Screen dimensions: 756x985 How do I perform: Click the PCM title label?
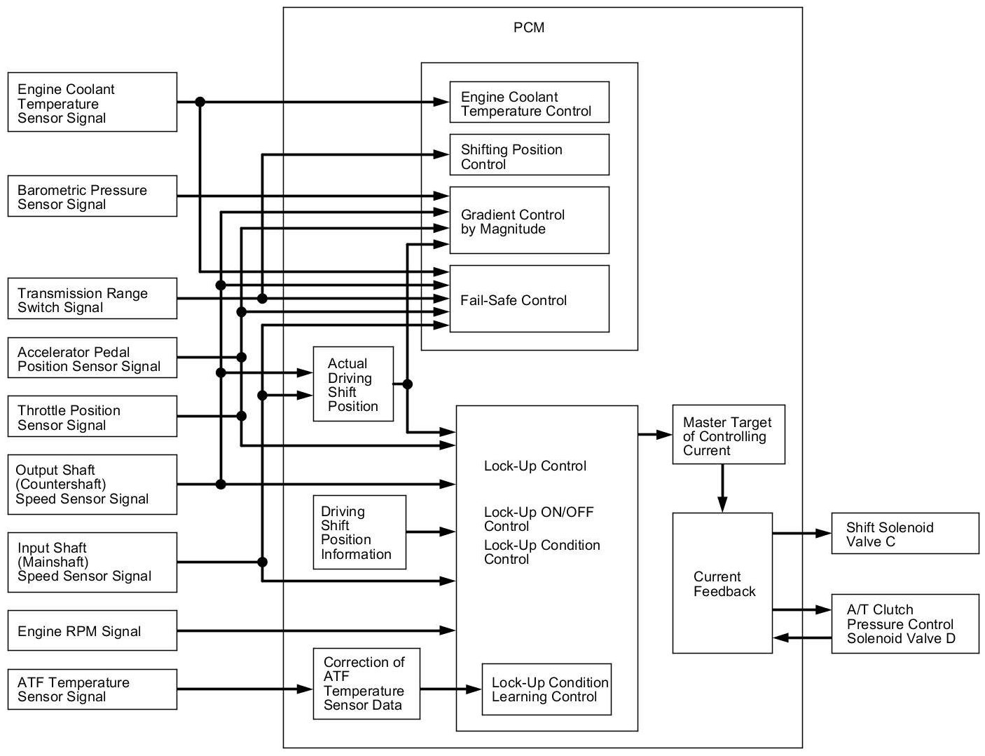click(528, 28)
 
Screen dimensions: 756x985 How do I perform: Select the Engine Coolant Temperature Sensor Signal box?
click(92, 102)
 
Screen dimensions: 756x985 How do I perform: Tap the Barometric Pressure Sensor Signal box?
click(92, 197)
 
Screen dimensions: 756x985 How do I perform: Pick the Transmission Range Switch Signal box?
click(92, 299)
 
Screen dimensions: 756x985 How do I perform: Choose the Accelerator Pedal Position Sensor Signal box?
click(92, 358)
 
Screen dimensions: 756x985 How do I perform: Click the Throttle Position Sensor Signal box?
click(92, 417)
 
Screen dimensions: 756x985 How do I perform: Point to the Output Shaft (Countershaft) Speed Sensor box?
click(92, 485)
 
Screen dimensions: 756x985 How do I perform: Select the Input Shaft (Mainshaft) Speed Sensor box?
click(92, 562)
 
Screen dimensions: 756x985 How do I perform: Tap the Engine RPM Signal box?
click(92, 630)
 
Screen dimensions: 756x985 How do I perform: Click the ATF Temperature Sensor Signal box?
click(92, 689)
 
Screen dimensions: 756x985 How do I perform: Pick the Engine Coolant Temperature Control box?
click(529, 102)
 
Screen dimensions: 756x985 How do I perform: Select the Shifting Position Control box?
click(529, 155)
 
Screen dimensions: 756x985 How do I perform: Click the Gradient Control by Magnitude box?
click(529, 220)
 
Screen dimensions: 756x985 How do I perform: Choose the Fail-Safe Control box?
click(529, 299)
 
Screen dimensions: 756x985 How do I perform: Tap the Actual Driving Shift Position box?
click(353, 384)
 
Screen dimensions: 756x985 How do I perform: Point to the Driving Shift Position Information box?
click(359, 532)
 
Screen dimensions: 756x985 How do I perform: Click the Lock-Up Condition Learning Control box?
click(546, 689)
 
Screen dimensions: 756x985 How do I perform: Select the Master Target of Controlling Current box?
click(728, 435)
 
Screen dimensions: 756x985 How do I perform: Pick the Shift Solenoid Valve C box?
click(904, 534)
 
